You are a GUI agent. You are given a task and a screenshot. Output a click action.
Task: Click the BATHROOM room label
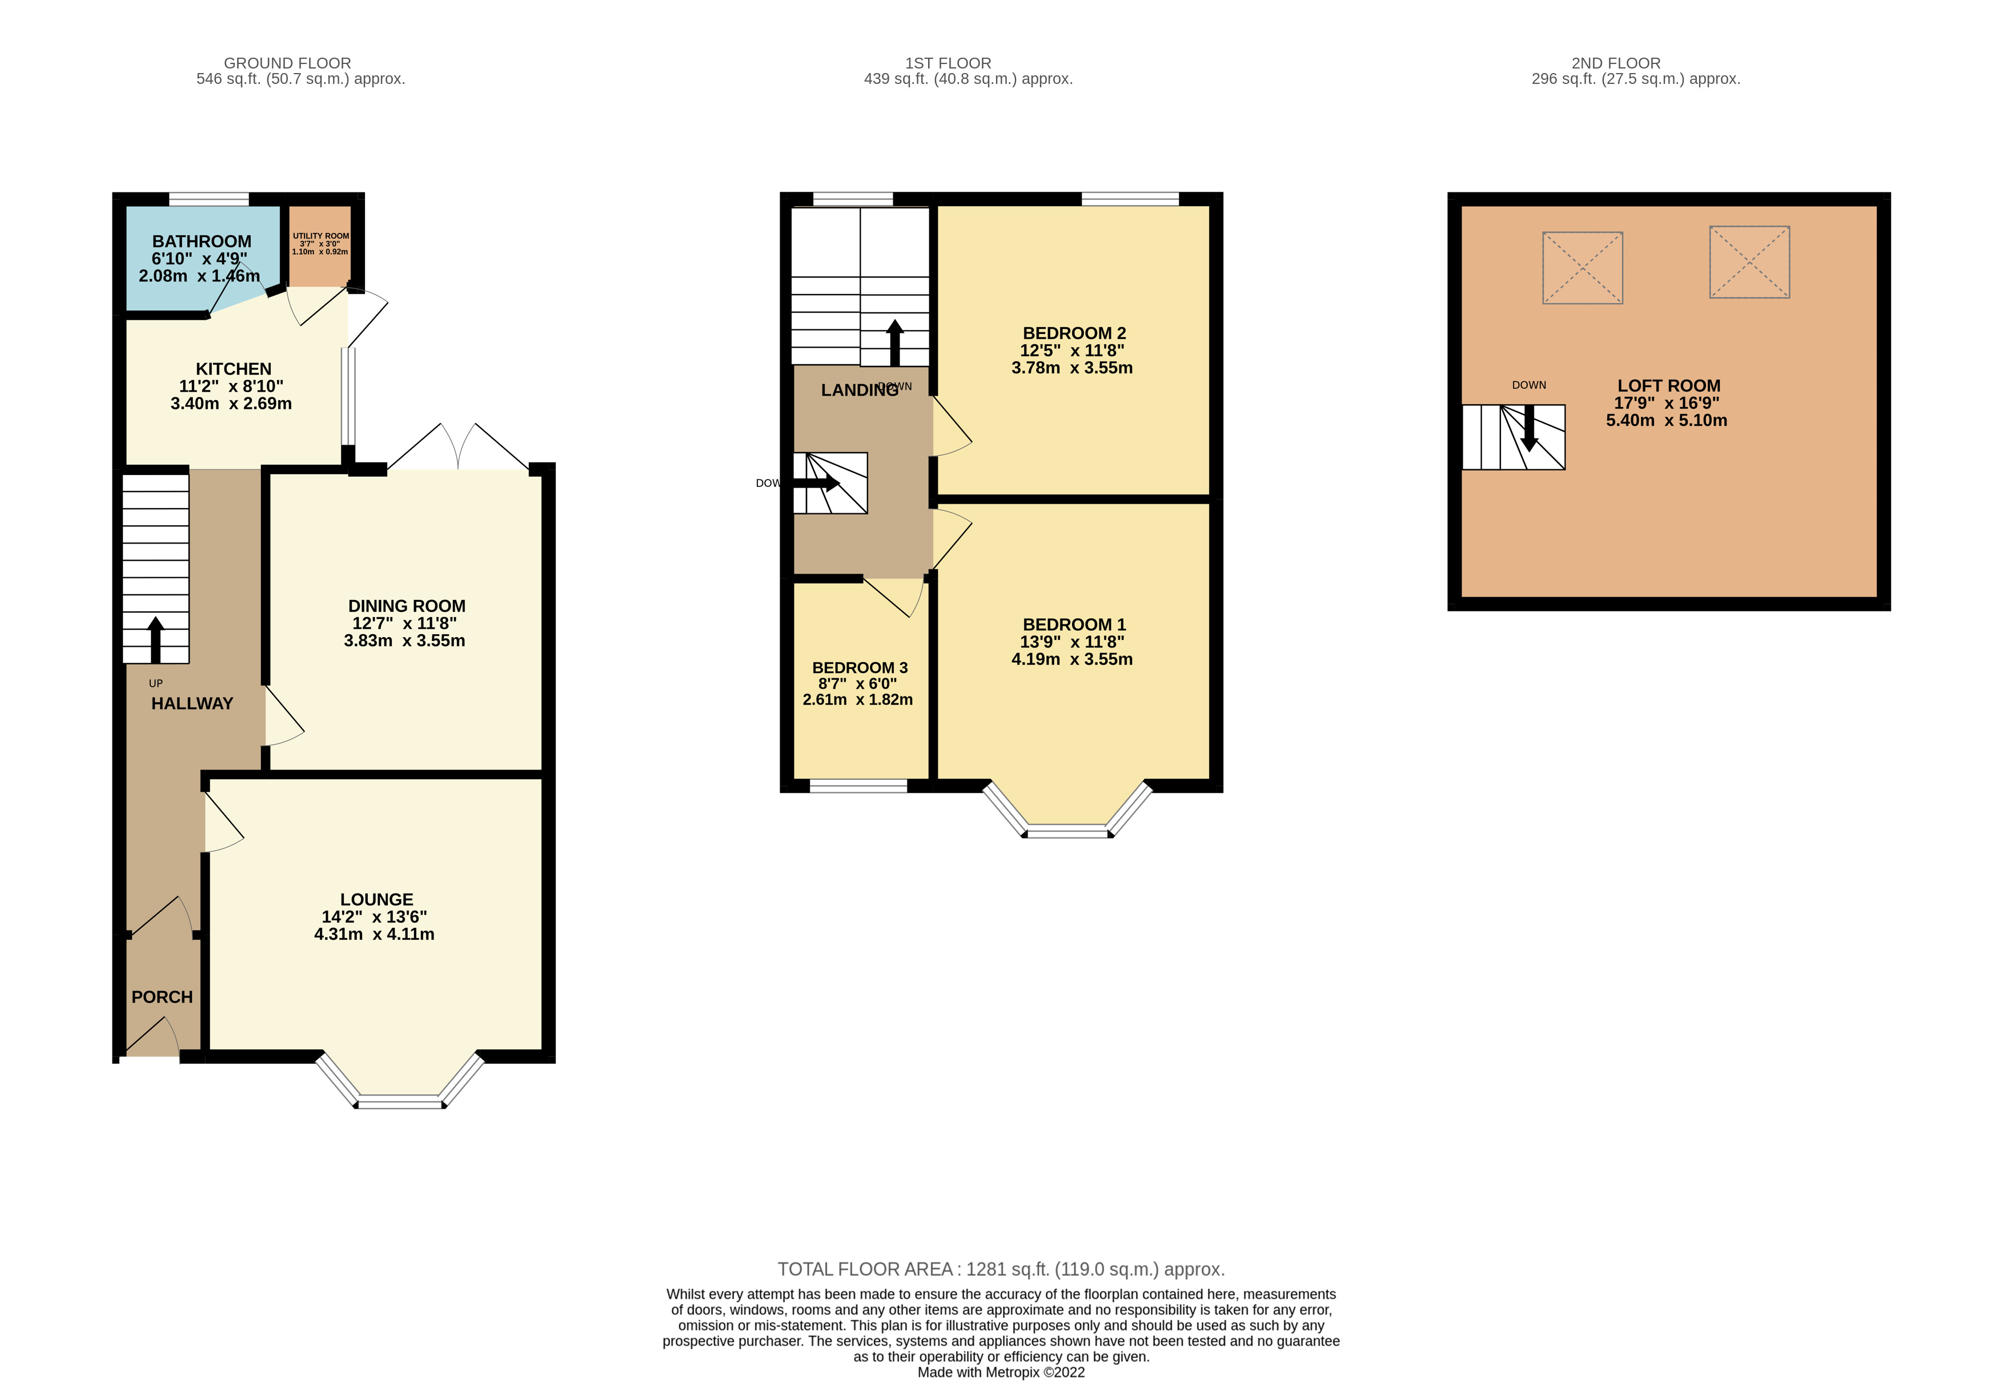202,241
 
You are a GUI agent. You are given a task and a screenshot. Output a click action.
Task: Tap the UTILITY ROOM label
320,235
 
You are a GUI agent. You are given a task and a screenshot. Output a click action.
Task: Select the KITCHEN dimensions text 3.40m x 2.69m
231,403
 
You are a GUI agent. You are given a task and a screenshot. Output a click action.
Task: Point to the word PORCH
162,997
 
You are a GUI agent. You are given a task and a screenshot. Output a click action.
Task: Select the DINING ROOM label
407,606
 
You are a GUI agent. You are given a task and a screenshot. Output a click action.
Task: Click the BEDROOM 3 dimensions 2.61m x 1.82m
857,699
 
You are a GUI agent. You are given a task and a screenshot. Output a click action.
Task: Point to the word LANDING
858,390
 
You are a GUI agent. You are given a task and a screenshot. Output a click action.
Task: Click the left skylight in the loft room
1581,267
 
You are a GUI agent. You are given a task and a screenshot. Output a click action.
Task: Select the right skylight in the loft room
1748,262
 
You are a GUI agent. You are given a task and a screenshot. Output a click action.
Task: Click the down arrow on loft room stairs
1528,428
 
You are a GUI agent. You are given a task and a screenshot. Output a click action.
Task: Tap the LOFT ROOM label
1668,386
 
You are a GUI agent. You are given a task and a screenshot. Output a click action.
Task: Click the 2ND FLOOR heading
1615,63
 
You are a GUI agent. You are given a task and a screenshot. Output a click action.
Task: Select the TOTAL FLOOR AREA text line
1001,1269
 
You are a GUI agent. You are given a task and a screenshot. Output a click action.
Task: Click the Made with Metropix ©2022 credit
1001,1371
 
